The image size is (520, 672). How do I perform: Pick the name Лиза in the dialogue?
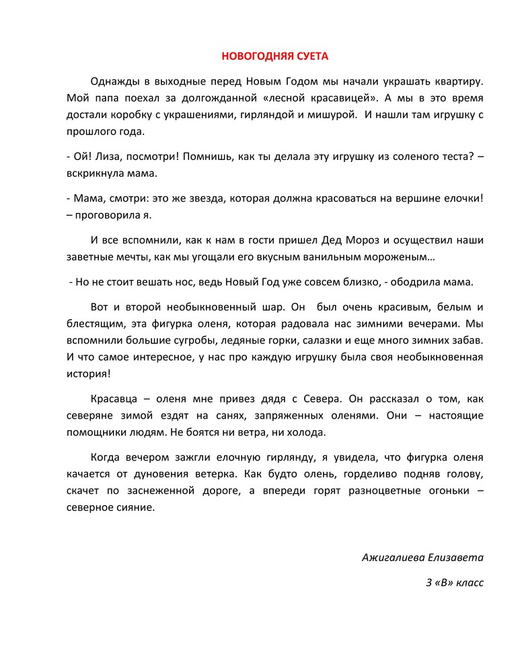pos(106,156)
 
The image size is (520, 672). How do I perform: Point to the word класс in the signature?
pos(469,582)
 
